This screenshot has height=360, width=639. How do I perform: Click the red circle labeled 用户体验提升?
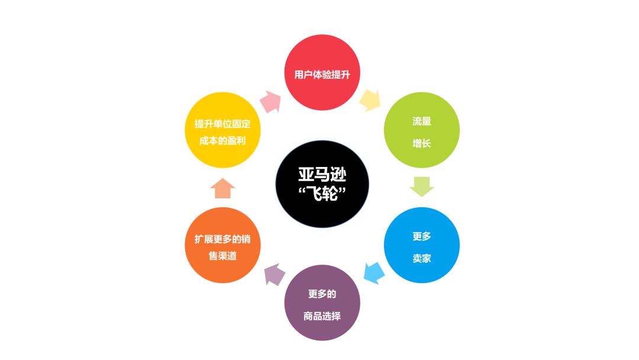pyautogui.click(x=322, y=73)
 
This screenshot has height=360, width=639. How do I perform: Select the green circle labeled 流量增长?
pyautogui.click(x=422, y=130)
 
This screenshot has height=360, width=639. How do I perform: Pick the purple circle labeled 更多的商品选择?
pyautogui.click(x=322, y=303)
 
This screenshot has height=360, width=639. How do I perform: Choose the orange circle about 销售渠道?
pyautogui.click(x=222, y=245)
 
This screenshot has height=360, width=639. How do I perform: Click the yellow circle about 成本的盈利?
pyautogui.click(x=222, y=130)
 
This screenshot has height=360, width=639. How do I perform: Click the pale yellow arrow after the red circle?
pyautogui.click(x=370, y=100)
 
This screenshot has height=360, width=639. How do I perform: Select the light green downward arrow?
pyautogui.click(x=422, y=187)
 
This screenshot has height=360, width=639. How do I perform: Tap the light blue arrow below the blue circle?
pyautogui.click(x=374, y=272)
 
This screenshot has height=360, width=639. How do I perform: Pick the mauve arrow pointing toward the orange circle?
pyautogui.click(x=274, y=274)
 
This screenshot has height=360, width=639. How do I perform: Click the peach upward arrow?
pyautogui.click(x=222, y=188)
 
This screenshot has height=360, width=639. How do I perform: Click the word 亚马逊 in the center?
pyautogui.click(x=322, y=175)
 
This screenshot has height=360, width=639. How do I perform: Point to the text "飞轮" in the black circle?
pyautogui.click(x=323, y=194)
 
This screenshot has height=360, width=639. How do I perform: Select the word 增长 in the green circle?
pyautogui.click(x=422, y=143)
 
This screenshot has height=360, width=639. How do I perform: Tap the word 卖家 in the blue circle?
pyautogui.click(x=422, y=258)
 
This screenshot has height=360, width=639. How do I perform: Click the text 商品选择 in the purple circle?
pyautogui.click(x=322, y=316)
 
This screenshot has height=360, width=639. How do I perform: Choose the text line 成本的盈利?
pyautogui.click(x=222, y=141)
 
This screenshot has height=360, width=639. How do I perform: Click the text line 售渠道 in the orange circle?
pyautogui.click(x=222, y=256)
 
